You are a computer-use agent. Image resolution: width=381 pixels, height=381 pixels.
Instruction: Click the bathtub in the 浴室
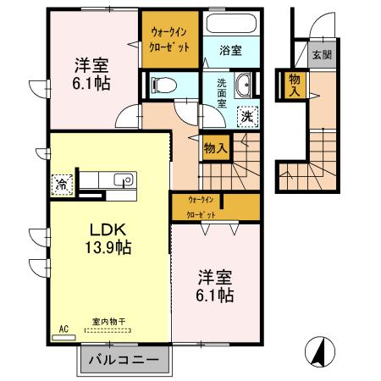231,23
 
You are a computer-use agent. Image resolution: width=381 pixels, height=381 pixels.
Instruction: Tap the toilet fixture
163,85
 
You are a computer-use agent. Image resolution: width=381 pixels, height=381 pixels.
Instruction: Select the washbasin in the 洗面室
242,86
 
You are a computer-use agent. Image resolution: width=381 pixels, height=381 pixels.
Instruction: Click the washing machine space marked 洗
248,117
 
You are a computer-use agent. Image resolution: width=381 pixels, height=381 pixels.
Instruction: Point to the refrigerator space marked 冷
62,185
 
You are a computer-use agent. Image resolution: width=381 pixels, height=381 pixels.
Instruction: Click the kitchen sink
124,179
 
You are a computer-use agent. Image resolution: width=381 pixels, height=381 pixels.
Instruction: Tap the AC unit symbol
63,337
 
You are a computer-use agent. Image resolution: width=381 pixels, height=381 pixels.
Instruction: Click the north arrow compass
320,352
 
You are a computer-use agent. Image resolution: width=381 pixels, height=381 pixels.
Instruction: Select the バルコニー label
124,360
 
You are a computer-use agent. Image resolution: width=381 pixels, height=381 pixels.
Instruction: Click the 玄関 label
322,55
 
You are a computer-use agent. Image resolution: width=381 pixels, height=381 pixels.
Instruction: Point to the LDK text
108,230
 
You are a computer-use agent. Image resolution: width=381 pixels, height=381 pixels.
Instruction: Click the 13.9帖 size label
108,247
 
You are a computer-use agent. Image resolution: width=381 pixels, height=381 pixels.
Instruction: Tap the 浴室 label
230,51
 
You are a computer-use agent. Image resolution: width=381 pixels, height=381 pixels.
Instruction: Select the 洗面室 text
222,93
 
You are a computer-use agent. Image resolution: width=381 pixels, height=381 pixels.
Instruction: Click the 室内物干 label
108,322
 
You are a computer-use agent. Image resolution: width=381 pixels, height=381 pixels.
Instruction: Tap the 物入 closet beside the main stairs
216,147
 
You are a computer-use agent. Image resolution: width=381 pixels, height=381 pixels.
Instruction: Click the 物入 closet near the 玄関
295,86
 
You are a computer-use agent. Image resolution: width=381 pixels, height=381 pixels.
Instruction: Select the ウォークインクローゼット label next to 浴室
169,40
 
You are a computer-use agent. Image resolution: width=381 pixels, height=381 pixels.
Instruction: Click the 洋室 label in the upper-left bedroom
91,65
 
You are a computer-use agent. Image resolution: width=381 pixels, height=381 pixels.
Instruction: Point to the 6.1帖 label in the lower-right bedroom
215,295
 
